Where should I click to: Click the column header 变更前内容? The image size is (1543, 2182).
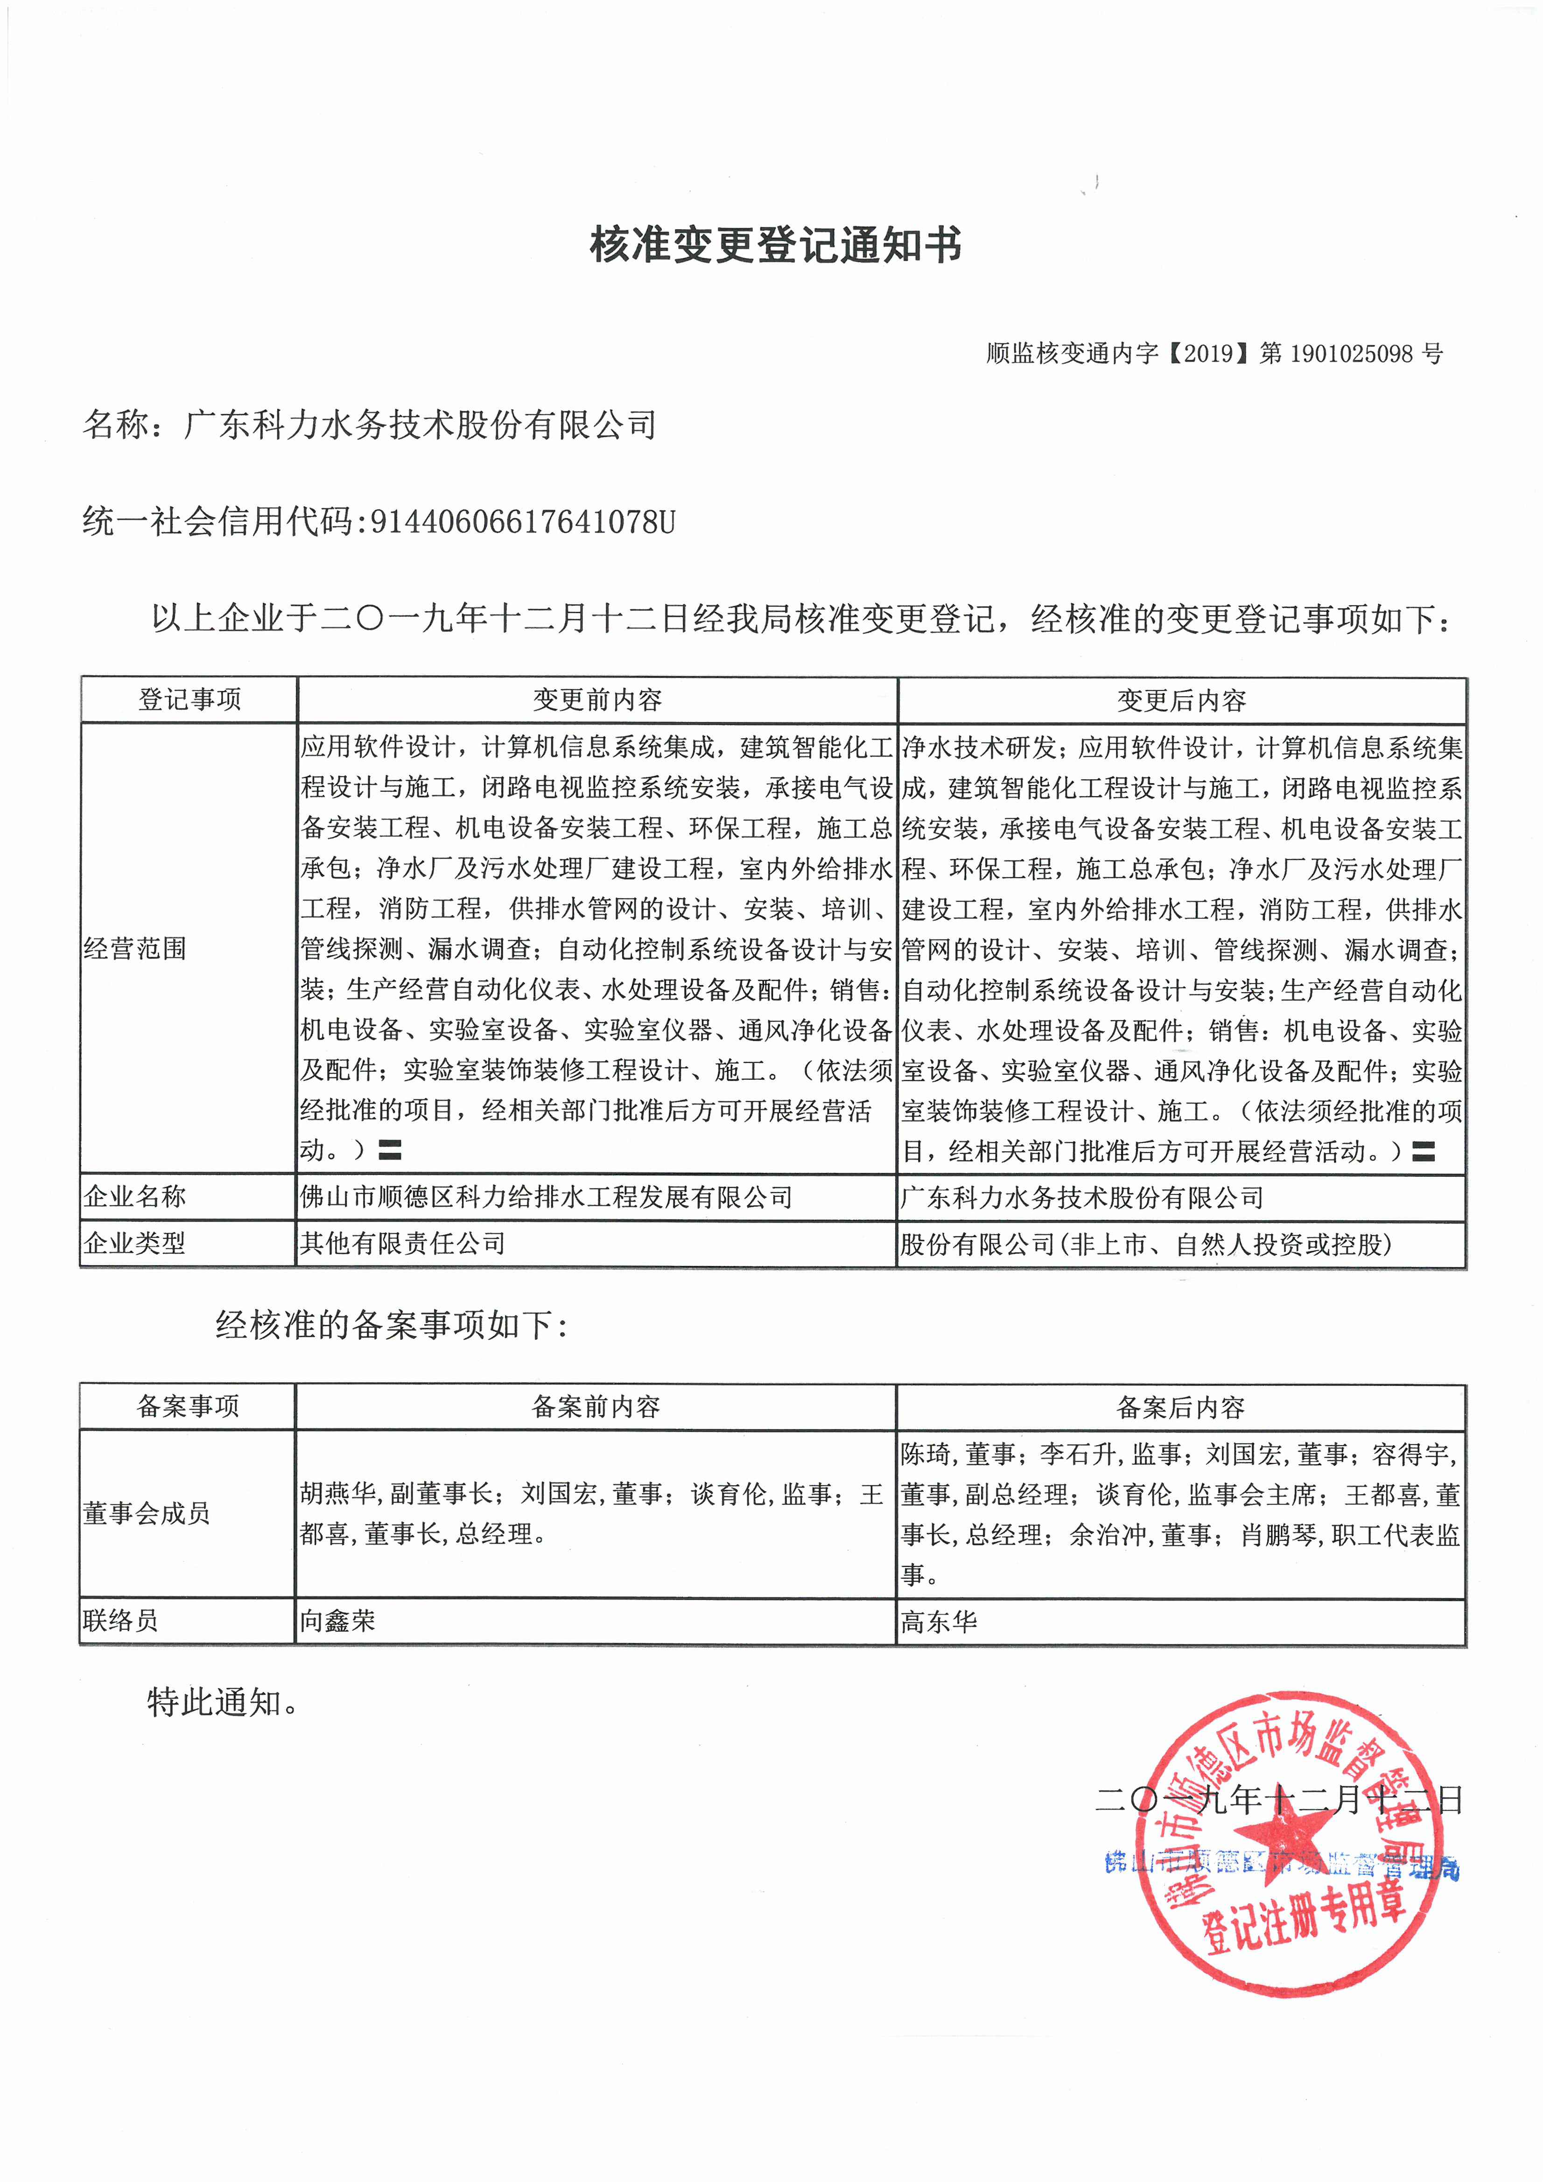click(x=597, y=700)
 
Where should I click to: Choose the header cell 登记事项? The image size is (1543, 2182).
click(x=189, y=700)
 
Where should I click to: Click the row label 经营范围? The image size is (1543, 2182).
click(x=135, y=949)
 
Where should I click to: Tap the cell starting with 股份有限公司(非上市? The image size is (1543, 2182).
click(x=1146, y=1244)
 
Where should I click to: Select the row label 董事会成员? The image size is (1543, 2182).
click(x=147, y=1513)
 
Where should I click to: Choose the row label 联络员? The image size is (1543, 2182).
click(x=121, y=1620)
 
